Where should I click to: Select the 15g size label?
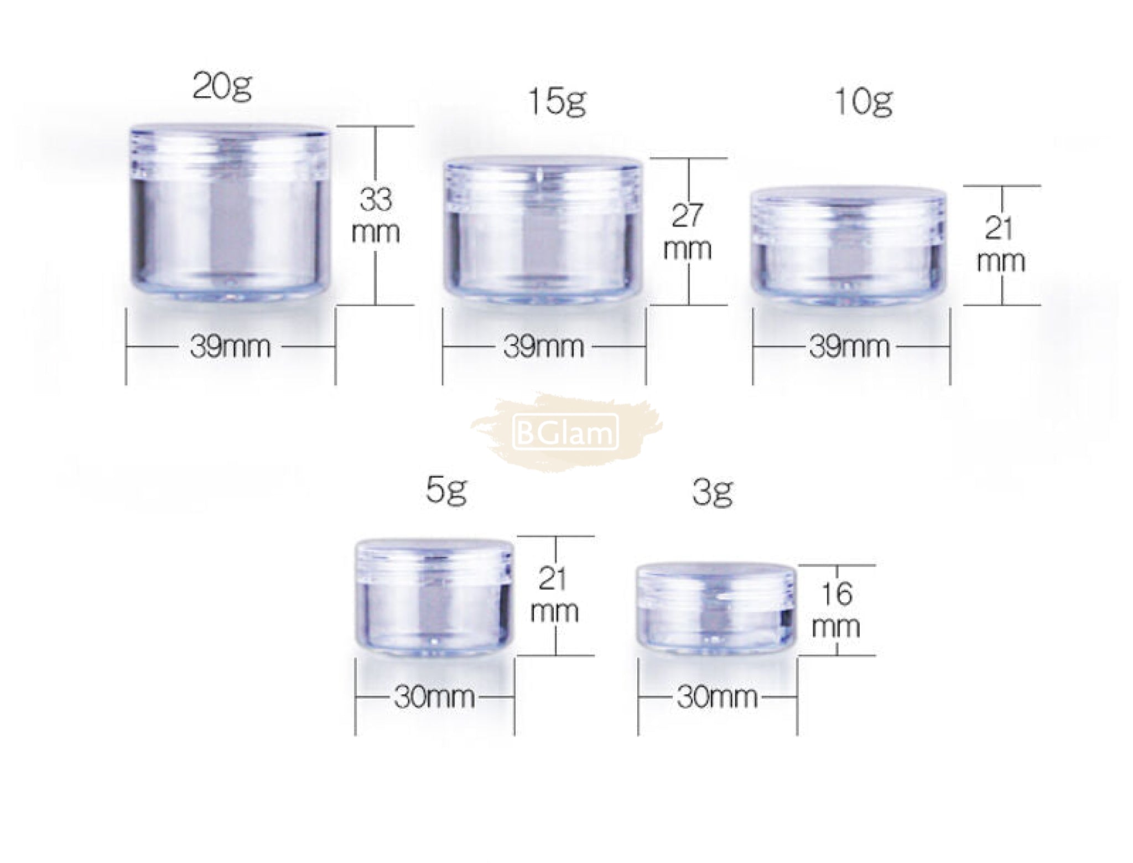click(x=557, y=101)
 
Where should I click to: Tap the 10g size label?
click(x=863, y=102)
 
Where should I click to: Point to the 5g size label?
click(x=446, y=491)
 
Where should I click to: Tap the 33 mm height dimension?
click(x=376, y=215)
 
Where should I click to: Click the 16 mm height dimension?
click(x=836, y=611)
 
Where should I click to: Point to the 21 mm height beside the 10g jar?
click(x=1001, y=245)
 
